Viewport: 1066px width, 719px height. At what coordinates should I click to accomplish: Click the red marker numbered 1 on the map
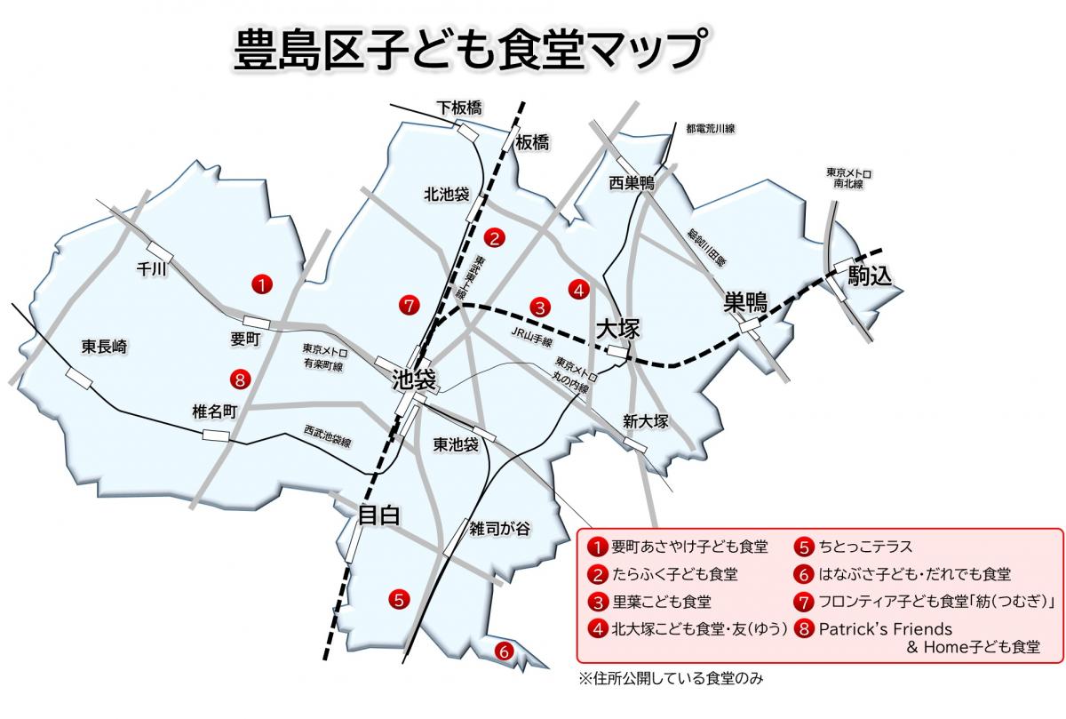[x=263, y=284]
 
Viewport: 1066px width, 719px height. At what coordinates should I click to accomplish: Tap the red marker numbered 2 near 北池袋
[x=495, y=237]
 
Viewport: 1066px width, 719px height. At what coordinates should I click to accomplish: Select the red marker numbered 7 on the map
[x=408, y=305]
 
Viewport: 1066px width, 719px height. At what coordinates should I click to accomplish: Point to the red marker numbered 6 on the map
[x=504, y=651]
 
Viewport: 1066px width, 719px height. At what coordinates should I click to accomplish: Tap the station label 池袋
[x=415, y=381]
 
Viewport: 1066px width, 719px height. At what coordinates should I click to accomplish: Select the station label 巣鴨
[x=744, y=302]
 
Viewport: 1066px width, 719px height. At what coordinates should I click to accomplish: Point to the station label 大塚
[x=617, y=329]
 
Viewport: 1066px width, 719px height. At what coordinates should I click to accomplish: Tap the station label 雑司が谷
[x=500, y=528]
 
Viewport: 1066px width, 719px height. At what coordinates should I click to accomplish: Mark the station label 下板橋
[x=459, y=108]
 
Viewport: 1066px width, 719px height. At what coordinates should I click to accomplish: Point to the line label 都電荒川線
[x=711, y=129]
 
